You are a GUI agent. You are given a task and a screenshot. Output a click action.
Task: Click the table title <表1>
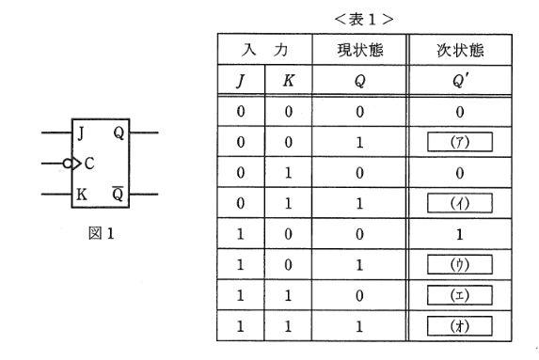click(x=370, y=16)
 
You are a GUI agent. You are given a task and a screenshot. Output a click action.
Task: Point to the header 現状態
click(x=361, y=48)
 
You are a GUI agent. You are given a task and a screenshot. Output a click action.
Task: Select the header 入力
click(x=265, y=48)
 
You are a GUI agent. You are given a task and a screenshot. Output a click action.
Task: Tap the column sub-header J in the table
click(x=241, y=81)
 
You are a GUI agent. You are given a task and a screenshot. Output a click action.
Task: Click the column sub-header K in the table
click(x=289, y=81)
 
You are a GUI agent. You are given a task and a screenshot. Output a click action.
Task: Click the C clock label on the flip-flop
click(x=88, y=164)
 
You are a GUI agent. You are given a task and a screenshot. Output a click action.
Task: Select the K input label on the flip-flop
click(x=82, y=195)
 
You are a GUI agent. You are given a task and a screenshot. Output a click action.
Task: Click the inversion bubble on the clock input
click(x=68, y=164)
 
